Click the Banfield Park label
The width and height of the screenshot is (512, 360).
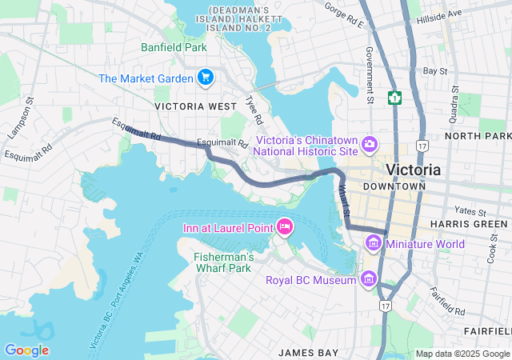[x=174, y=47]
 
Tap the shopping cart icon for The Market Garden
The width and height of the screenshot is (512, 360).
[x=206, y=78]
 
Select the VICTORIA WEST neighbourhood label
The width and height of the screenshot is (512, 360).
[x=196, y=106]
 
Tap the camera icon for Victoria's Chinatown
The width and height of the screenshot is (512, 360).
[x=369, y=144]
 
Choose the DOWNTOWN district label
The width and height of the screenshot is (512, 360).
[x=394, y=186]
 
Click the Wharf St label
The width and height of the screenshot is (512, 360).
[x=344, y=201]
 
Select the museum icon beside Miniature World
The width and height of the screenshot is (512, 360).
[x=374, y=242]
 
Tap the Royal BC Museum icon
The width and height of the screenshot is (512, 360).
[x=369, y=279]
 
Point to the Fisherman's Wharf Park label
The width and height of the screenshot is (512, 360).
[x=224, y=262]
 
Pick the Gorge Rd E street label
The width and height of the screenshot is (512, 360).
[x=344, y=15]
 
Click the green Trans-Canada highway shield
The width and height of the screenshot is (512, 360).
[x=394, y=98]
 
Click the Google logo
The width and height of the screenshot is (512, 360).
[x=26, y=350]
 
